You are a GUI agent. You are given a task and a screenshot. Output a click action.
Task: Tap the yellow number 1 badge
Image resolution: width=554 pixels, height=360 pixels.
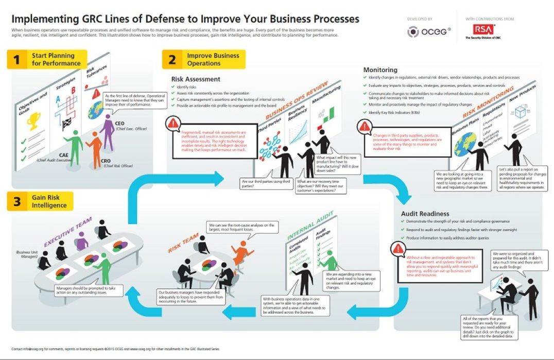click(x=17, y=60)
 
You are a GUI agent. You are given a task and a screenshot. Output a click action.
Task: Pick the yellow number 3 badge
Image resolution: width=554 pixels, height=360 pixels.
click(x=17, y=201)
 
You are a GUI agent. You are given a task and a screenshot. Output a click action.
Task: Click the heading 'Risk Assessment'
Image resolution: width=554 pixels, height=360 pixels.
click(x=196, y=79)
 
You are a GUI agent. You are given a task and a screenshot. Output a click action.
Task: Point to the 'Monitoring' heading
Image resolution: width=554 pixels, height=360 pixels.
click(x=380, y=70)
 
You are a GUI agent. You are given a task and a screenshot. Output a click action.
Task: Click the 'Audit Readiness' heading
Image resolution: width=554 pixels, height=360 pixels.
click(x=425, y=213)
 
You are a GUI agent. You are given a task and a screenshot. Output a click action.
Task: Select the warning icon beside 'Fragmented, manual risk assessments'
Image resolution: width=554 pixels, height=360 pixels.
click(x=174, y=123)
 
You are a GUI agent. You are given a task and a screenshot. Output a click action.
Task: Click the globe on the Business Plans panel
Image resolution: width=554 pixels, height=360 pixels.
click(x=465, y=142)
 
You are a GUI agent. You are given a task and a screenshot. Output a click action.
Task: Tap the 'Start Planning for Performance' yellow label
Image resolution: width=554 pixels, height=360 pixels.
click(x=56, y=60)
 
